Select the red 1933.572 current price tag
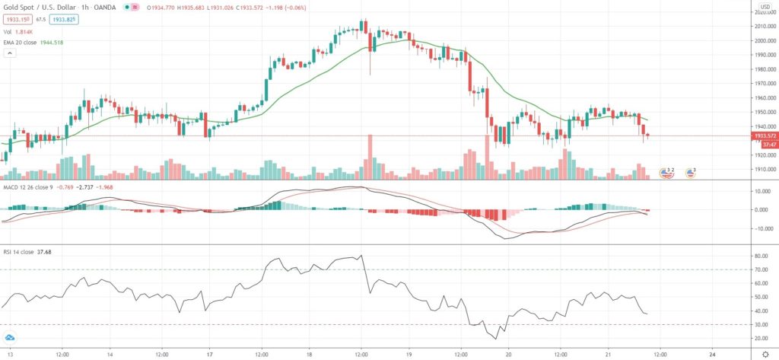click(764, 135)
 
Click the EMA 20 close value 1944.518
click(49, 43)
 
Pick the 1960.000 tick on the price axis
click(763, 97)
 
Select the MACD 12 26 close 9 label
click(31, 186)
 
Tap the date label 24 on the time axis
click(711, 354)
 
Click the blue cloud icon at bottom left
click(10, 338)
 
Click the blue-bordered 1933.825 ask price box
click(65, 19)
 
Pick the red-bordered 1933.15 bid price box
click(17, 19)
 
